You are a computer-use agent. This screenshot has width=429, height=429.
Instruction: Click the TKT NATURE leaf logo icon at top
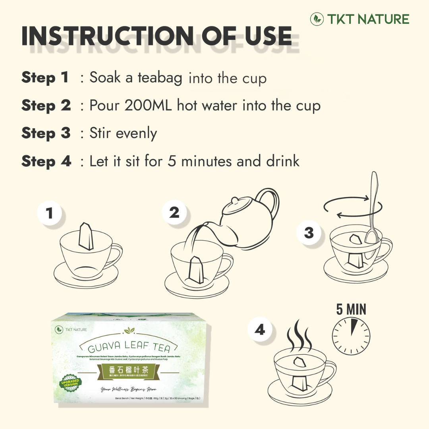[x=317, y=19]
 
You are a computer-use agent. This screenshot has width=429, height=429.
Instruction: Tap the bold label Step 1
[x=45, y=77]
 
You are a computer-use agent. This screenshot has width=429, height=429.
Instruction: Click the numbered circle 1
[x=50, y=214]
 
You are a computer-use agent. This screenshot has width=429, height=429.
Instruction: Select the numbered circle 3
[x=309, y=233]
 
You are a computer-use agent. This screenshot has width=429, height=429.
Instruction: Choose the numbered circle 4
[x=260, y=330]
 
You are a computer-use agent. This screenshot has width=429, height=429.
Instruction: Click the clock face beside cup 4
[x=351, y=336]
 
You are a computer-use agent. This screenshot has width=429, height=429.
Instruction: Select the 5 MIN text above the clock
[x=351, y=309]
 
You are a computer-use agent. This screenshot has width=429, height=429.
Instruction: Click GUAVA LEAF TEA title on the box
[x=129, y=346]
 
